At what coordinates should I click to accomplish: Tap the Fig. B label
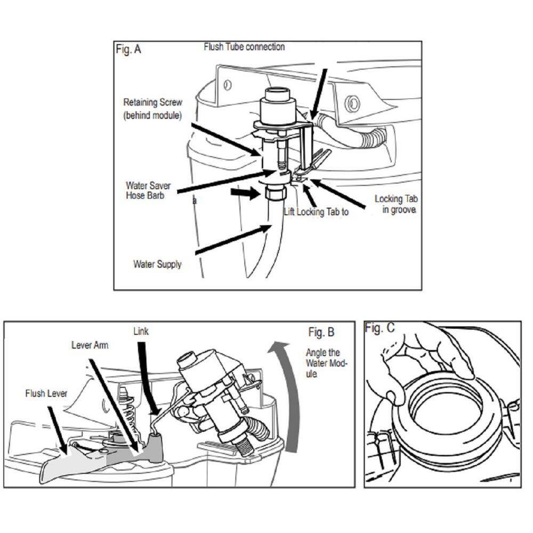[321, 333]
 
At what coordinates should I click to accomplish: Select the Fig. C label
[379, 328]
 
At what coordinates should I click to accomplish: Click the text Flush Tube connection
[244, 47]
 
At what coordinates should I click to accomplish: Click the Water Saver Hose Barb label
[148, 191]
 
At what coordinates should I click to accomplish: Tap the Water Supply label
[157, 264]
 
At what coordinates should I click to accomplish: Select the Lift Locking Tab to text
[316, 212]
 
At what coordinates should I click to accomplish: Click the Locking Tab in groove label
[395, 204]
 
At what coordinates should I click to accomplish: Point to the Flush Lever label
[46, 394]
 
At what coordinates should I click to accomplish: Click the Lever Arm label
[90, 345]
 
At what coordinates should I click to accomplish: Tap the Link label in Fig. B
[141, 332]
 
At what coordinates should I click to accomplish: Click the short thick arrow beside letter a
[247, 193]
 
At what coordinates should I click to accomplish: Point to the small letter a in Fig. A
[195, 201]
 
